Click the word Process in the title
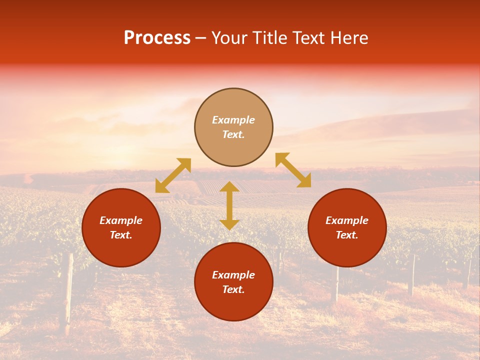tap(157, 38)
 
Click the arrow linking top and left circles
tap(173, 175)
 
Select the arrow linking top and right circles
tap(293, 170)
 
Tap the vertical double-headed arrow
tap(229, 205)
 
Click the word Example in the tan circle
tap(233, 120)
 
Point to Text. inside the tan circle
tap(233, 134)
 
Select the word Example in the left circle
tap(121, 220)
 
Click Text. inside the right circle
tap(347, 235)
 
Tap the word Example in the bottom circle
tap(233, 275)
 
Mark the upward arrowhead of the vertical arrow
tap(229, 187)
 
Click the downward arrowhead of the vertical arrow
tap(229, 224)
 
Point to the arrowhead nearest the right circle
tap(304, 181)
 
